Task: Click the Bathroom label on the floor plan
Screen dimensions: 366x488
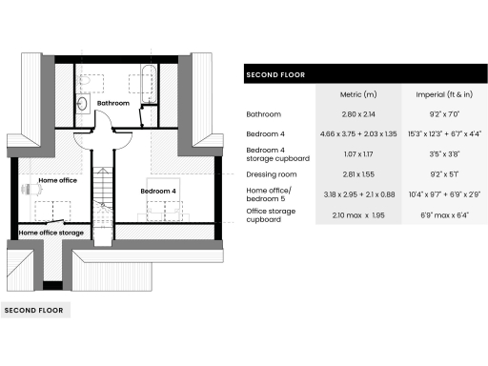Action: point(112,102)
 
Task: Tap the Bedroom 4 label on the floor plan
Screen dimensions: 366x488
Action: point(159,191)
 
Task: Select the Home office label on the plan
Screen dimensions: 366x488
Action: point(56,178)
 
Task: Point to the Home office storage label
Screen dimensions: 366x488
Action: point(51,233)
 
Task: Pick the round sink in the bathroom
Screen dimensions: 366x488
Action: point(82,102)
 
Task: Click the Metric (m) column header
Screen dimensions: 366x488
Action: point(358,94)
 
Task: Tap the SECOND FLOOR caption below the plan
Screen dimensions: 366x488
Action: point(34,311)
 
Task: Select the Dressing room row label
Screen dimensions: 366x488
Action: point(273,174)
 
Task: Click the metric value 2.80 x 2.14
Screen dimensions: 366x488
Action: point(358,114)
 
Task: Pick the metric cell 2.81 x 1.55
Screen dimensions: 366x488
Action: point(358,174)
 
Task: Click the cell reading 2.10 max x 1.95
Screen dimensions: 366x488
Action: point(358,214)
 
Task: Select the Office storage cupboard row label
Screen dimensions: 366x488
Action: point(271,214)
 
